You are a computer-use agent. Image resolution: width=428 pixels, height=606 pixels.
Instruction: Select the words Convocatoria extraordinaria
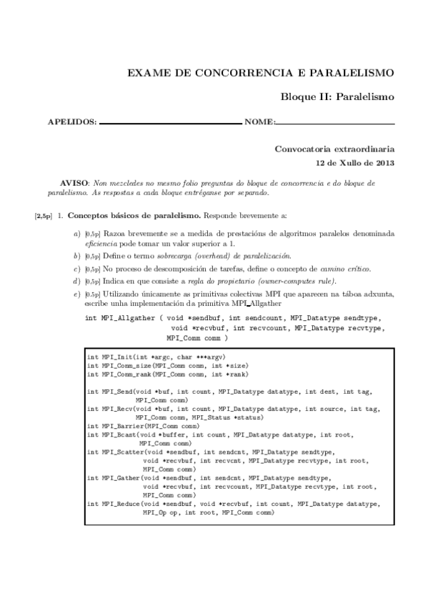[x=334, y=149]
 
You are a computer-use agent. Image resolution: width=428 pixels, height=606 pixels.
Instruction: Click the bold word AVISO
[x=76, y=184]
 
